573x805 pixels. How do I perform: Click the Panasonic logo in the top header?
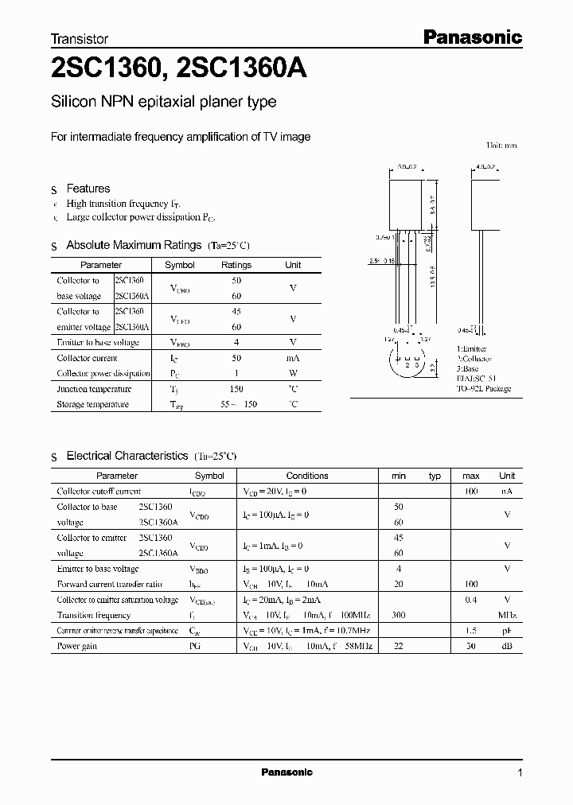coord(470,37)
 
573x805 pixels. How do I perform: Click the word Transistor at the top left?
coord(80,38)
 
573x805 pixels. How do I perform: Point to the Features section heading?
coord(88,189)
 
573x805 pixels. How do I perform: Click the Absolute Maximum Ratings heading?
coord(134,245)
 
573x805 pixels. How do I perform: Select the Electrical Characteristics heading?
coord(127,456)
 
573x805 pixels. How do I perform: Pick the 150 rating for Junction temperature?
coord(236,389)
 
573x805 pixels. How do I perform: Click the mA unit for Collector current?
coord(293,358)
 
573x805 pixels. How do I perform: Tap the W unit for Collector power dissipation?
coord(293,374)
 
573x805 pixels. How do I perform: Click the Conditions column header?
coord(307,476)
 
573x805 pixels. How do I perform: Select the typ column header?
coord(435,476)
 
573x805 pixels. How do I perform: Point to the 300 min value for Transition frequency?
coord(399,615)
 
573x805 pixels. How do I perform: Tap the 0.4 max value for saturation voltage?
coord(471,600)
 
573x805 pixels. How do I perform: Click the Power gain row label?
coord(77,646)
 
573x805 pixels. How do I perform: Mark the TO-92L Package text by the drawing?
coord(484,389)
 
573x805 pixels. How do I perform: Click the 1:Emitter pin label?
coord(472,349)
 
